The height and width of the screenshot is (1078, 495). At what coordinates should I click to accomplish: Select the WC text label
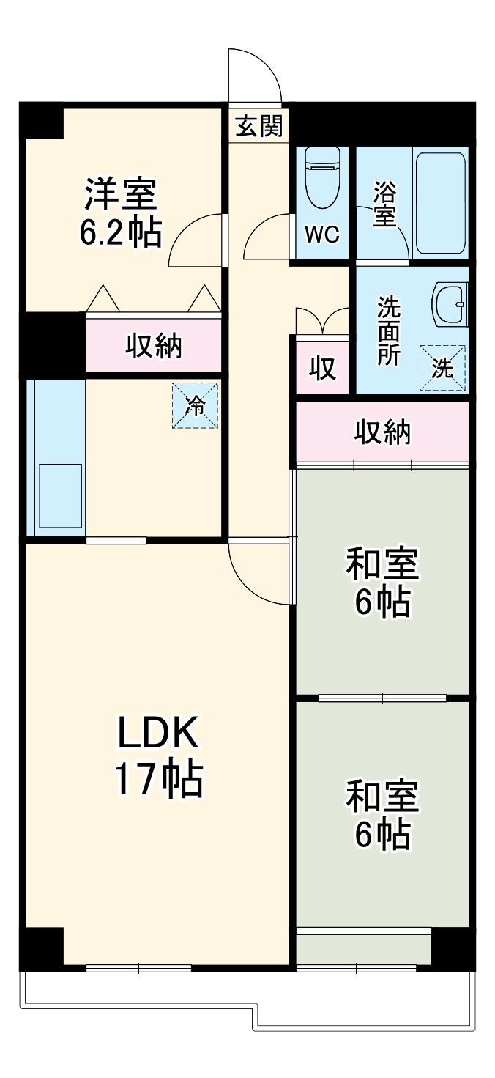click(322, 235)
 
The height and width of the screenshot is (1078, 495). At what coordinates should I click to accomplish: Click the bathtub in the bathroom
click(439, 202)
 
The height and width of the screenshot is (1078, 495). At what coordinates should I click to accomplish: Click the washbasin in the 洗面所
click(450, 304)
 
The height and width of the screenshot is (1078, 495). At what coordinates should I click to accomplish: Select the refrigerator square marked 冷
click(196, 405)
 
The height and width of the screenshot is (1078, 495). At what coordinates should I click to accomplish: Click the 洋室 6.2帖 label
click(121, 213)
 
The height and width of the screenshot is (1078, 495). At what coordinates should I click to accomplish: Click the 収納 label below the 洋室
click(153, 345)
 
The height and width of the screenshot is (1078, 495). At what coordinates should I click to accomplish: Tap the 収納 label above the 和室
click(383, 433)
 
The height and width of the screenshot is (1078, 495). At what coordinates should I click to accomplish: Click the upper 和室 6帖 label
click(382, 583)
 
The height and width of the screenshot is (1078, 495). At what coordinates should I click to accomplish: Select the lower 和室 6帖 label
click(382, 816)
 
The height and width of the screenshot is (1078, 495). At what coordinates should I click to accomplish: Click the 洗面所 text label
click(389, 331)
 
